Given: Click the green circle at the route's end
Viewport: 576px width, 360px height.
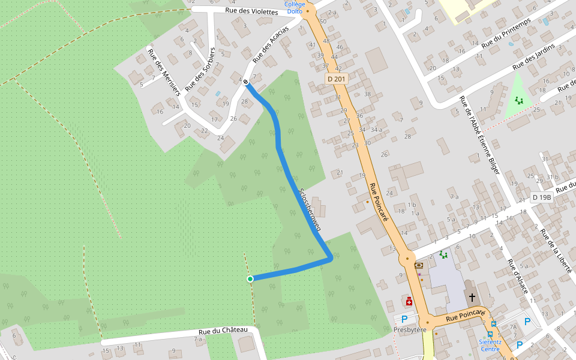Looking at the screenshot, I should click(x=250, y=278).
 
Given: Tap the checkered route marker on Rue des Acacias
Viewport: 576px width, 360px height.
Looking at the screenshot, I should click(x=245, y=82).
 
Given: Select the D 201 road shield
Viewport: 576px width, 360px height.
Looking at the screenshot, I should click(x=337, y=79).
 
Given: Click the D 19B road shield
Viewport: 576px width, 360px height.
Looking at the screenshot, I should click(x=541, y=197).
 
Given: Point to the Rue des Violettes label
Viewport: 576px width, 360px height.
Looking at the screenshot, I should click(x=251, y=11).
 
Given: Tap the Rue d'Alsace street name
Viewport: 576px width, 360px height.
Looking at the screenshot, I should click(x=518, y=277).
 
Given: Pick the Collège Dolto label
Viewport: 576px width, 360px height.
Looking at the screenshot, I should click(x=295, y=7).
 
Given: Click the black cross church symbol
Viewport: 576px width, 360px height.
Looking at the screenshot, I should click(x=472, y=297).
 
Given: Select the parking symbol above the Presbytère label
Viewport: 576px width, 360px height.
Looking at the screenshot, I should click(x=404, y=319).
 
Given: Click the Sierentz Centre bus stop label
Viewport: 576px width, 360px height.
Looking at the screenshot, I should click(x=490, y=345).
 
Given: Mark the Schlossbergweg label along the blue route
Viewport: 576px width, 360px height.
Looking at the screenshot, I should click(x=310, y=209).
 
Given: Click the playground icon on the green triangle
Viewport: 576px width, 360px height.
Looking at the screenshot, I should click(x=519, y=100).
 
